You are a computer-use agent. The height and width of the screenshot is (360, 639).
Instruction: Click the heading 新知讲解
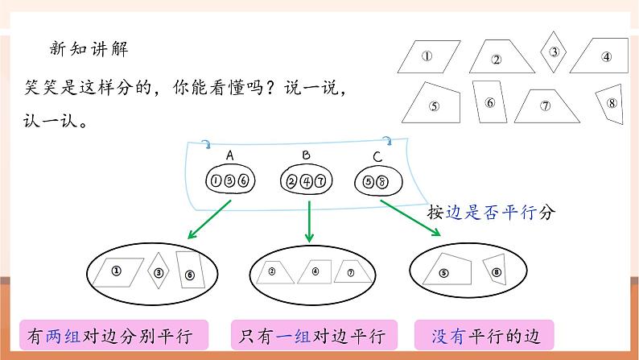[x=89, y=48]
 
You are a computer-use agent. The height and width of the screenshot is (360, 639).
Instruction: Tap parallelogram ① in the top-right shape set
[x=427, y=56]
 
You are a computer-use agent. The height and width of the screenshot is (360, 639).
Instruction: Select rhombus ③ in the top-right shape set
[x=554, y=52]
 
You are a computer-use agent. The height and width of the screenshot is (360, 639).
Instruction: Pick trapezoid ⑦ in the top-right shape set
[x=545, y=106]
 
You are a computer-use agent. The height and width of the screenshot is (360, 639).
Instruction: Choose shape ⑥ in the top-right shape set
[x=489, y=102]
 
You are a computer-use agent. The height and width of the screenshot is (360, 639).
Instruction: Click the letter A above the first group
[x=229, y=155]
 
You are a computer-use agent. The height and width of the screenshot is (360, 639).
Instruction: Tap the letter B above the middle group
[x=307, y=155]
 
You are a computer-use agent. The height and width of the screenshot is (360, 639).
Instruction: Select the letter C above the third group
[x=377, y=156]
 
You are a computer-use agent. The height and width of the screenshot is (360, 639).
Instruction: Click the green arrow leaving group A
[x=209, y=219]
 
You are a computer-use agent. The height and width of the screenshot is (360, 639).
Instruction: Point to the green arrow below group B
[x=309, y=221]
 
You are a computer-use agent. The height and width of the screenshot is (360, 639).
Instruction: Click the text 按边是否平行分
[x=492, y=213]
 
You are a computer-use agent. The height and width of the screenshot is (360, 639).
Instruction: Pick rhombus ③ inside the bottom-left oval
[x=159, y=272]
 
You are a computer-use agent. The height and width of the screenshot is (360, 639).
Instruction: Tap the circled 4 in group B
[x=306, y=180]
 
